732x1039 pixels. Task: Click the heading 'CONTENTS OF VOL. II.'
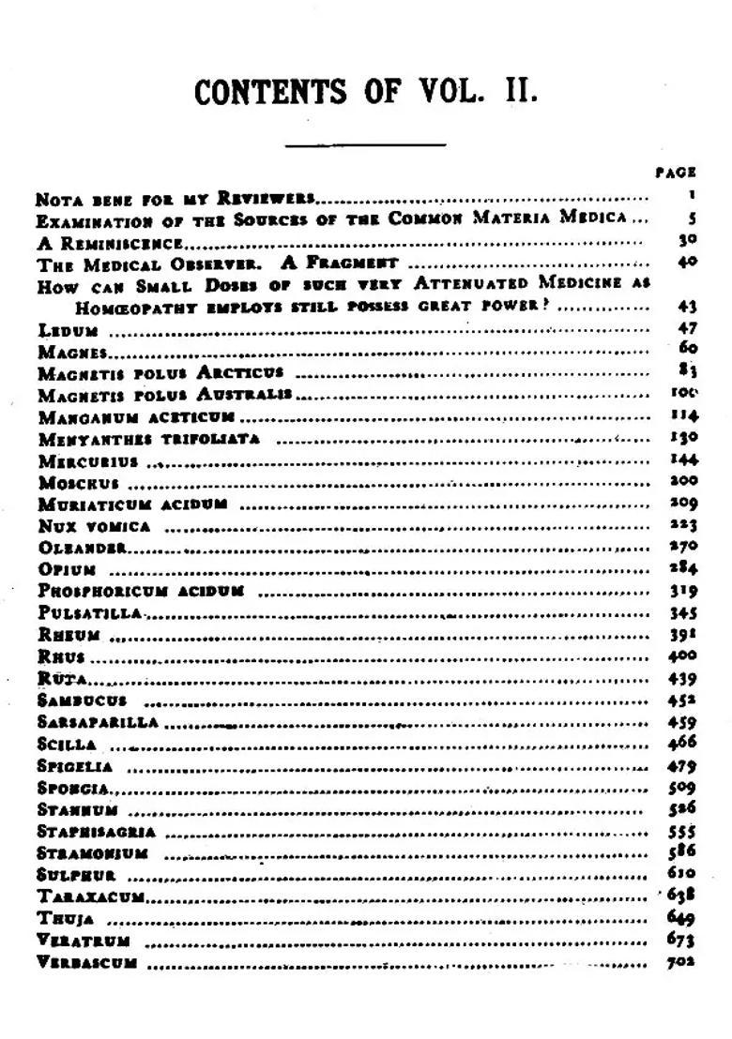click(366, 93)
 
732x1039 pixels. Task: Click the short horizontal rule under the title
click(365, 145)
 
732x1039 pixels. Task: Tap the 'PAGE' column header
click(676, 173)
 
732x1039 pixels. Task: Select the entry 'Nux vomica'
click(94, 526)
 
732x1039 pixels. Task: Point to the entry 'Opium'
click(68, 569)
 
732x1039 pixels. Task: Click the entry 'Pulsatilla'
click(90, 612)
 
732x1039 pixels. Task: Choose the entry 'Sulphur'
click(77, 876)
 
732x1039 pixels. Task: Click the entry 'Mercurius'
click(88, 461)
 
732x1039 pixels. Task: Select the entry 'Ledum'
click(69, 330)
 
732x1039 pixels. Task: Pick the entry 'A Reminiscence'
click(108, 243)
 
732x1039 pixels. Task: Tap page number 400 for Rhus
click(682, 656)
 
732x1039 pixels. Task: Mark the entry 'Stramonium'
click(93, 853)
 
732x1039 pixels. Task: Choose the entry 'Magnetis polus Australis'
click(164, 395)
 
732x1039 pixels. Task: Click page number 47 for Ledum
click(686, 329)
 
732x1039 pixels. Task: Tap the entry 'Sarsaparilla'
click(99, 722)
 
